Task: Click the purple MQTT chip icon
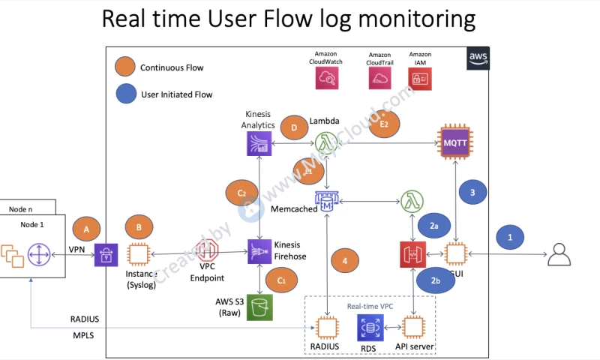click(x=456, y=140)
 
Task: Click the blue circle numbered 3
click(x=473, y=193)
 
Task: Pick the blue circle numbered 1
click(x=512, y=238)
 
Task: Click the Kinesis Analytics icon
click(x=259, y=142)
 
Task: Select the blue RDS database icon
click(x=369, y=328)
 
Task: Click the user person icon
click(x=559, y=255)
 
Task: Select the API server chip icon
click(x=413, y=328)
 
